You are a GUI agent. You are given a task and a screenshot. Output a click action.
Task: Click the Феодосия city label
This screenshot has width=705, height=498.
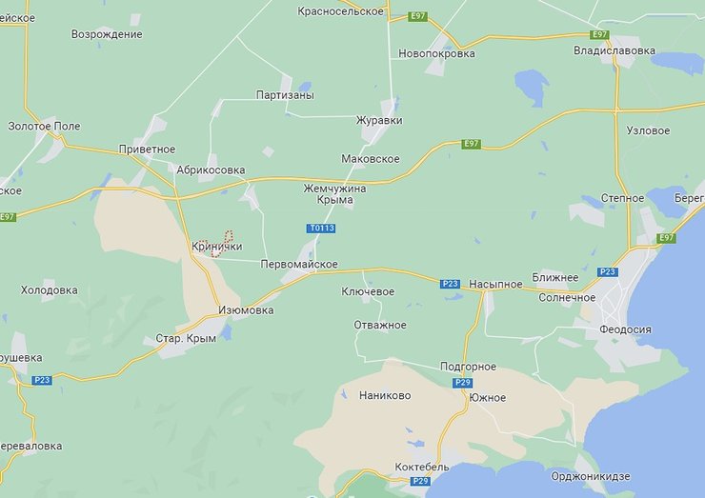coord(625,329)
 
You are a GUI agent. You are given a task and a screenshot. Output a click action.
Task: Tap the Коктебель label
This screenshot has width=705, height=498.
coord(423,468)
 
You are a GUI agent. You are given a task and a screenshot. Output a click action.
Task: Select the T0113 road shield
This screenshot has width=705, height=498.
coord(321,229)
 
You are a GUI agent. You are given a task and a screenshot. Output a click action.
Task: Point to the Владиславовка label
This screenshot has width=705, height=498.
coord(614,50)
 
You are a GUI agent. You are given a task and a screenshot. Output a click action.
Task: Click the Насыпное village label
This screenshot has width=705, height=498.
coord(495,285)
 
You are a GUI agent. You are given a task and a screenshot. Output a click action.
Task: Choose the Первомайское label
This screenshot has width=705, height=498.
coord(299,265)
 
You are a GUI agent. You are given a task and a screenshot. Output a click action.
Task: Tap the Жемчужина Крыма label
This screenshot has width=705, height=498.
coord(334,194)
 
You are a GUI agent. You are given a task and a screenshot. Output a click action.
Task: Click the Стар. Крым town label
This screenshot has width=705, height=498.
coord(186,338)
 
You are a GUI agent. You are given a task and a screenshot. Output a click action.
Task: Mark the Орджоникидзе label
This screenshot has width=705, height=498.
coord(592,475)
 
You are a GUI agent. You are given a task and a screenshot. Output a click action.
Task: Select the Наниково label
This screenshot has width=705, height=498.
coord(385,395)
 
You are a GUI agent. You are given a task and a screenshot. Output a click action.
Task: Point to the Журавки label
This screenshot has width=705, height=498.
coord(379,121)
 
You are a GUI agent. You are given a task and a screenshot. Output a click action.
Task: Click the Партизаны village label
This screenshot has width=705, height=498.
coord(285,95)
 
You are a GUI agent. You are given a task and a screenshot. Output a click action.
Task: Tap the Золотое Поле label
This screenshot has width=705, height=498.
coord(44,126)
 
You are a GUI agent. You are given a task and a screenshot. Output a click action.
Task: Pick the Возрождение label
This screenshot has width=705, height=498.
coord(107,34)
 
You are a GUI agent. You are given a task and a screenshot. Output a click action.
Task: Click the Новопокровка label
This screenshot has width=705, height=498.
coord(436,53)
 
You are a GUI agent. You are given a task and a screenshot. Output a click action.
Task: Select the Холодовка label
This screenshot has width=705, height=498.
coord(50,289)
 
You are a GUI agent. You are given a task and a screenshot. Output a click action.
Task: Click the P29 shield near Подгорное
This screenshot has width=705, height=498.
coord(463,382)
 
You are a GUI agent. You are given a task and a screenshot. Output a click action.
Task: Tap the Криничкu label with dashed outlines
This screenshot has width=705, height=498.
coord(216,246)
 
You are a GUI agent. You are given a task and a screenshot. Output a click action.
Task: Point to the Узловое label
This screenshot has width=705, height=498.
coord(649,129)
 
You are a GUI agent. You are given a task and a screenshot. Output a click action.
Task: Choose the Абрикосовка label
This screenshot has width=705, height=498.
coord(211,169)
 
